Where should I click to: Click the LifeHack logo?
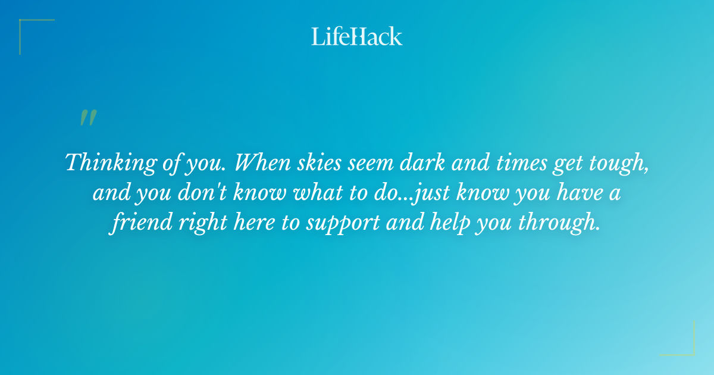click(357, 36)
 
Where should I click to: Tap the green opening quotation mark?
click(88, 118)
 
